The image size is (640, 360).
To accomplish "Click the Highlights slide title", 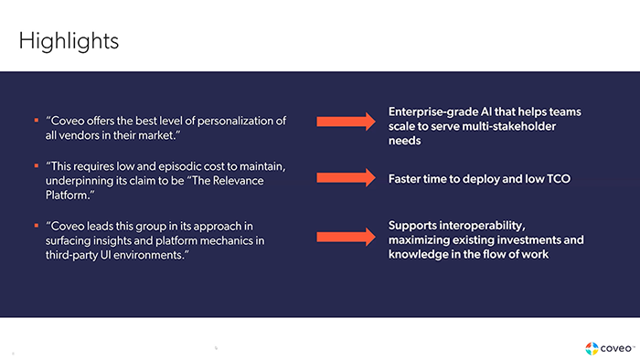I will (x=69, y=41).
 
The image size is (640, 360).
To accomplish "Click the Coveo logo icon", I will (x=592, y=347).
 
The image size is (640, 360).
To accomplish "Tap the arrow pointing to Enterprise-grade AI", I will (x=346, y=121).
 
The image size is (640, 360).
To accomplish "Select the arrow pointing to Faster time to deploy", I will (x=346, y=178).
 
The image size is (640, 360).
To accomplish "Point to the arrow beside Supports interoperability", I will (x=346, y=237).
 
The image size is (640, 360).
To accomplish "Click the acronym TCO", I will (x=557, y=178).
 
